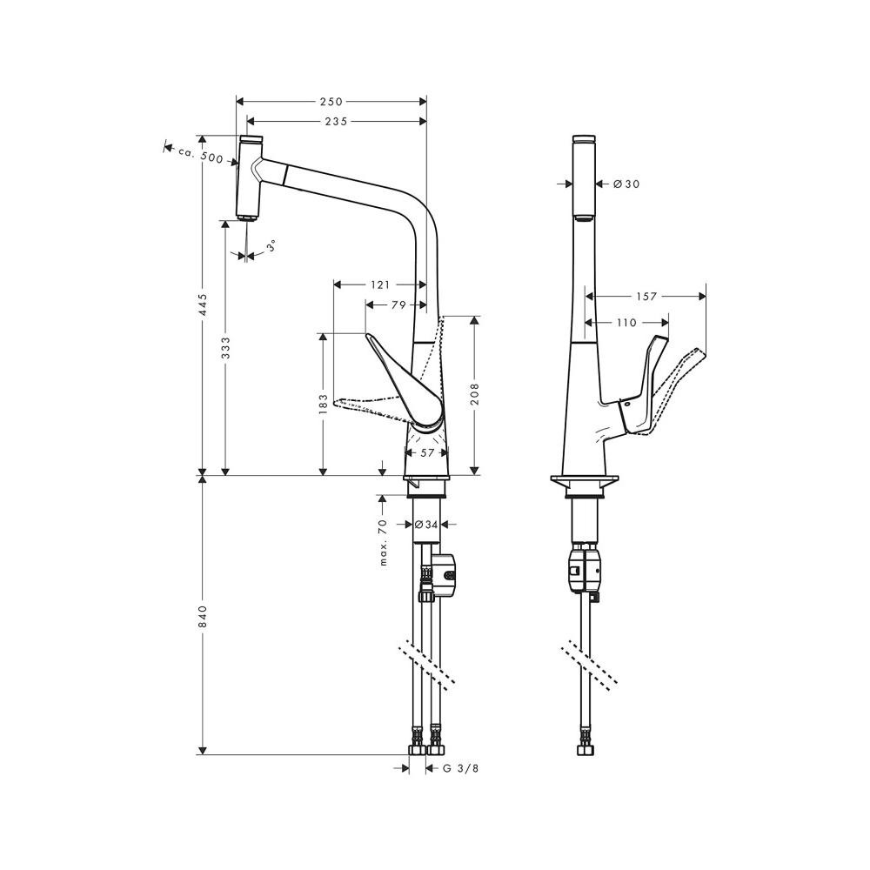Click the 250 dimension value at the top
click(331, 102)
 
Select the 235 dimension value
click(336, 122)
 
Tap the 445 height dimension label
click(203, 305)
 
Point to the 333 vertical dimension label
click(225, 348)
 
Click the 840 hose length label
click(203, 617)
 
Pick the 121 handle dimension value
click(380, 285)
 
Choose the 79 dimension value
click(398, 304)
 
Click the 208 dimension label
click(475, 394)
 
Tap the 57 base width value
click(427, 452)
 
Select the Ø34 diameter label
click(426, 525)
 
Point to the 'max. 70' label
click(383, 544)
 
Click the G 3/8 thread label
click(460, 768)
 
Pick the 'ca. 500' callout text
click(200, 155)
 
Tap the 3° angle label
click(271, 246)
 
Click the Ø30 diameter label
click(626, 184)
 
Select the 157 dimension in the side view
click(646, 297)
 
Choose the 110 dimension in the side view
click(626, 323)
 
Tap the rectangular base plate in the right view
click(585, 480)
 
